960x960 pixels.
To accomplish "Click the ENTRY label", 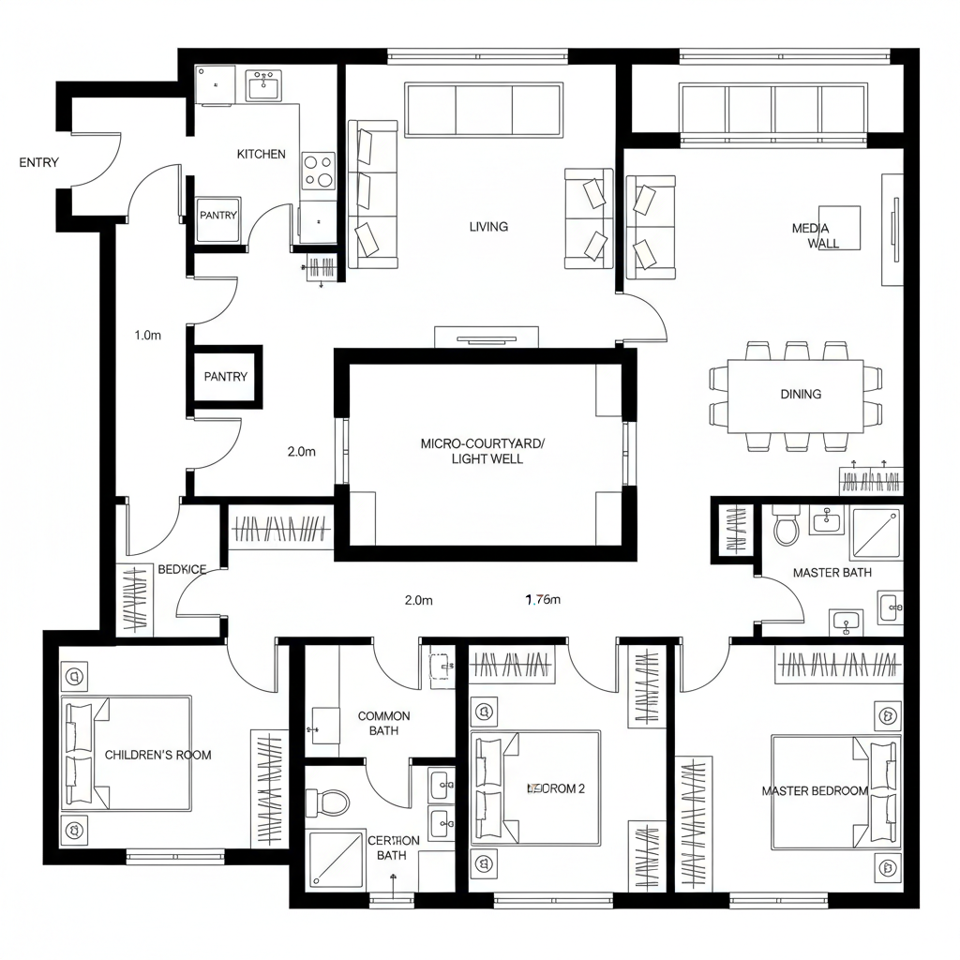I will click(38, 162).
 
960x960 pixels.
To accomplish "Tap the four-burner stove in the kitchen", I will click(319, 172).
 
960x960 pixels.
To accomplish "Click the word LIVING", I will click(488, 226).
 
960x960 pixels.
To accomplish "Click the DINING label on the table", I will click(801, 394).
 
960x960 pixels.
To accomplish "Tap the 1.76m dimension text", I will click(541, 600).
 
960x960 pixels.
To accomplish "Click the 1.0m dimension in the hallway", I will click(148, 335).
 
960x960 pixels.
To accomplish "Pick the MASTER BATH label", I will click(832, 572).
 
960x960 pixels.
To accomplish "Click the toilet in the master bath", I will click(786, 529).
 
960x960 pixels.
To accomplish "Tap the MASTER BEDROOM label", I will click(814, 790).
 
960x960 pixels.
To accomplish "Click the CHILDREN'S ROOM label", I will click(157, 755).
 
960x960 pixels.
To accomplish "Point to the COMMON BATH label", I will click(383, 723).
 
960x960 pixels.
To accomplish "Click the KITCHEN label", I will click(261, 154).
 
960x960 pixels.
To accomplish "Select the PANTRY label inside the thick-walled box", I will click(226, 377).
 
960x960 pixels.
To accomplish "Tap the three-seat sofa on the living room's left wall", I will click(373, 194).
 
